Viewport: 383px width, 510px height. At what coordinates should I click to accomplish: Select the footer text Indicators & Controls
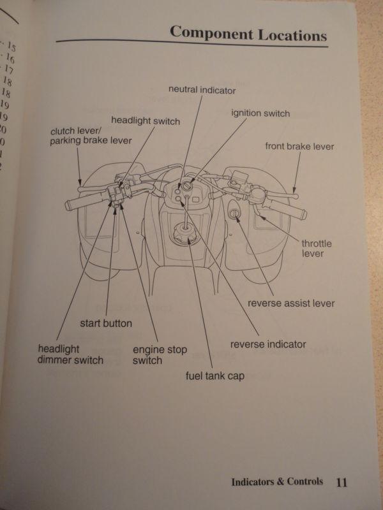[277, 482]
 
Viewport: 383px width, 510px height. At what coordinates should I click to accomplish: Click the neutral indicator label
[202, 90]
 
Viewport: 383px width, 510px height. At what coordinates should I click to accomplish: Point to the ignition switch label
[260, 113]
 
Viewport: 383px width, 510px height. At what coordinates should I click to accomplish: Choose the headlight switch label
[146, 120]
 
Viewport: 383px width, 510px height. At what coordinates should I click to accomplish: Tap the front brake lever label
[299, 147]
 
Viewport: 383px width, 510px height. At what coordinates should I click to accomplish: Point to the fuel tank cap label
[215, 376]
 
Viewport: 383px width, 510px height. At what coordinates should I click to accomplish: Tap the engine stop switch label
[147, 355]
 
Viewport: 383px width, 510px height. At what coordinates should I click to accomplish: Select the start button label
[106, 323]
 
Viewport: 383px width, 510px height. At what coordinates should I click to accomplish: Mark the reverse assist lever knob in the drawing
[235, 215]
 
